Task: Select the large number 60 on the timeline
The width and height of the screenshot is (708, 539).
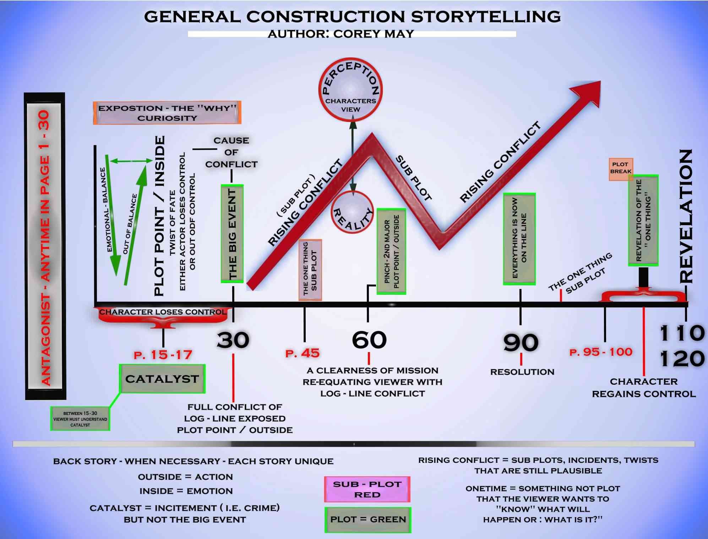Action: (369, 340)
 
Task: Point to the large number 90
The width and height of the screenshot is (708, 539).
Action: (521, 342)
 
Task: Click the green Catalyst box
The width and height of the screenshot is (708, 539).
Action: (162, 379)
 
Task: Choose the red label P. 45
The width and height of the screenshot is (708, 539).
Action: (303, 353)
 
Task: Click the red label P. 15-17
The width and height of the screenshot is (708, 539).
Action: (163, 355)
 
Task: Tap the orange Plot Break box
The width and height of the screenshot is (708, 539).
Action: (621, 169)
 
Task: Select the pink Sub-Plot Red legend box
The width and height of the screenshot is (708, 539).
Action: (367, 489)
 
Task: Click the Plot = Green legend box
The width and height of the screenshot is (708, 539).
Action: (368, 520)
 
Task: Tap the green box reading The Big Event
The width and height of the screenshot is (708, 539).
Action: (232, 234)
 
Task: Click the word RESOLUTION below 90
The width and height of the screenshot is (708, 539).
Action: (522, 372)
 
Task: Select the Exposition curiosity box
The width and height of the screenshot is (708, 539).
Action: (167, 113)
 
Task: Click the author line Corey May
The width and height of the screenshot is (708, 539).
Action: (341, 34)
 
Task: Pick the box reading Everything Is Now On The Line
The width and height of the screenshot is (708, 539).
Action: (519, 239)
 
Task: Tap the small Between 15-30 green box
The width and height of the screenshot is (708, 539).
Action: (80, 419)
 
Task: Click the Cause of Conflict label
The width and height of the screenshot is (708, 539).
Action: (231, 152)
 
